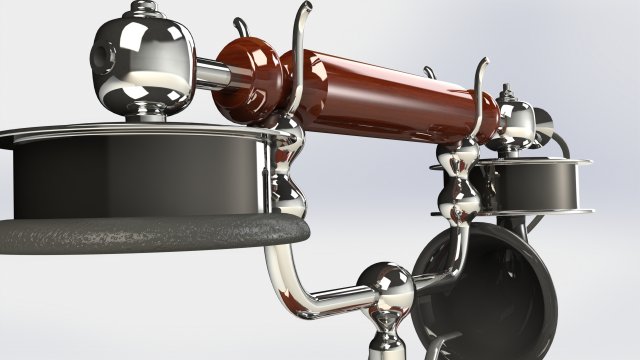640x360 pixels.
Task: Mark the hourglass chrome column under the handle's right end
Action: [x=459, y=190]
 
